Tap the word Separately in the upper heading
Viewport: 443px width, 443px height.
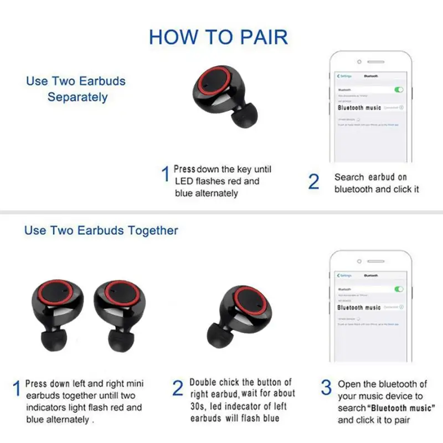(x=77, y=97)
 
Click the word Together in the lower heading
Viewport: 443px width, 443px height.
(x=152, y=230)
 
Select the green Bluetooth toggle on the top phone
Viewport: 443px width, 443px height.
(x=399, y=90)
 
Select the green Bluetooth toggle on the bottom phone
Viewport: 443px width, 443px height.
(x=399, y=289)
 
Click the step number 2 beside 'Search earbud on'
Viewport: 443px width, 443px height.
(x=313, y=182)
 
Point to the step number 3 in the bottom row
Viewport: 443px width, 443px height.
(x=326, y=388)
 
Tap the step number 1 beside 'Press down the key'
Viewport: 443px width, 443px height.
(x=165, y=176)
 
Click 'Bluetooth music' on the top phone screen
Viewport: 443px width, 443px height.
(x=359, y=107)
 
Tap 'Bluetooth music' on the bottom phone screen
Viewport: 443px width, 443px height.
(x=359, y=307)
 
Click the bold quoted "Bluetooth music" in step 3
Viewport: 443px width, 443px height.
(x=402, y=408)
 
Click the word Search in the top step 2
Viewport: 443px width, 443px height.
(x=348, y=177)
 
